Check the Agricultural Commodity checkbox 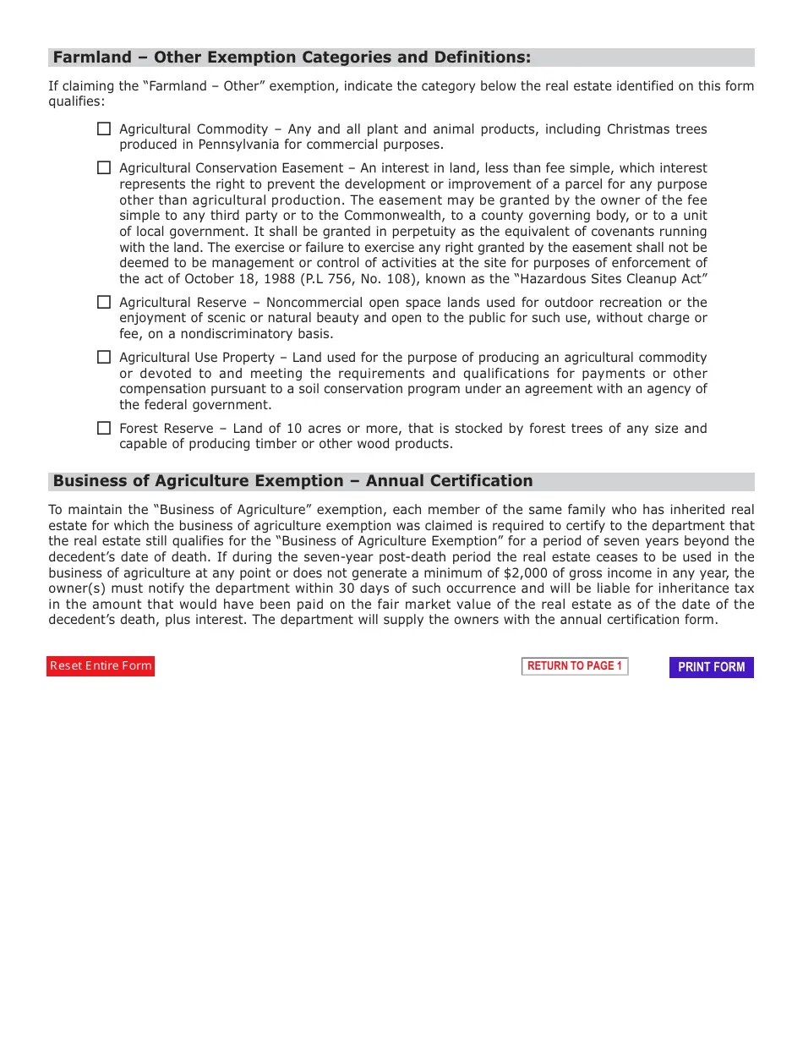pos(103,129)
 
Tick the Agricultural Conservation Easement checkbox pos(103,168)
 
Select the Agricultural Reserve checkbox pos(103,302)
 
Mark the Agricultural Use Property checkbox pos(103,357)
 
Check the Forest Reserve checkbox pos(103,428)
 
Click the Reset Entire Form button pos(101,666)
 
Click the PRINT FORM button pos(711,667)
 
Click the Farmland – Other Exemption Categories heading pos(292,57)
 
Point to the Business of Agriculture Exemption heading pos(292,481)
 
